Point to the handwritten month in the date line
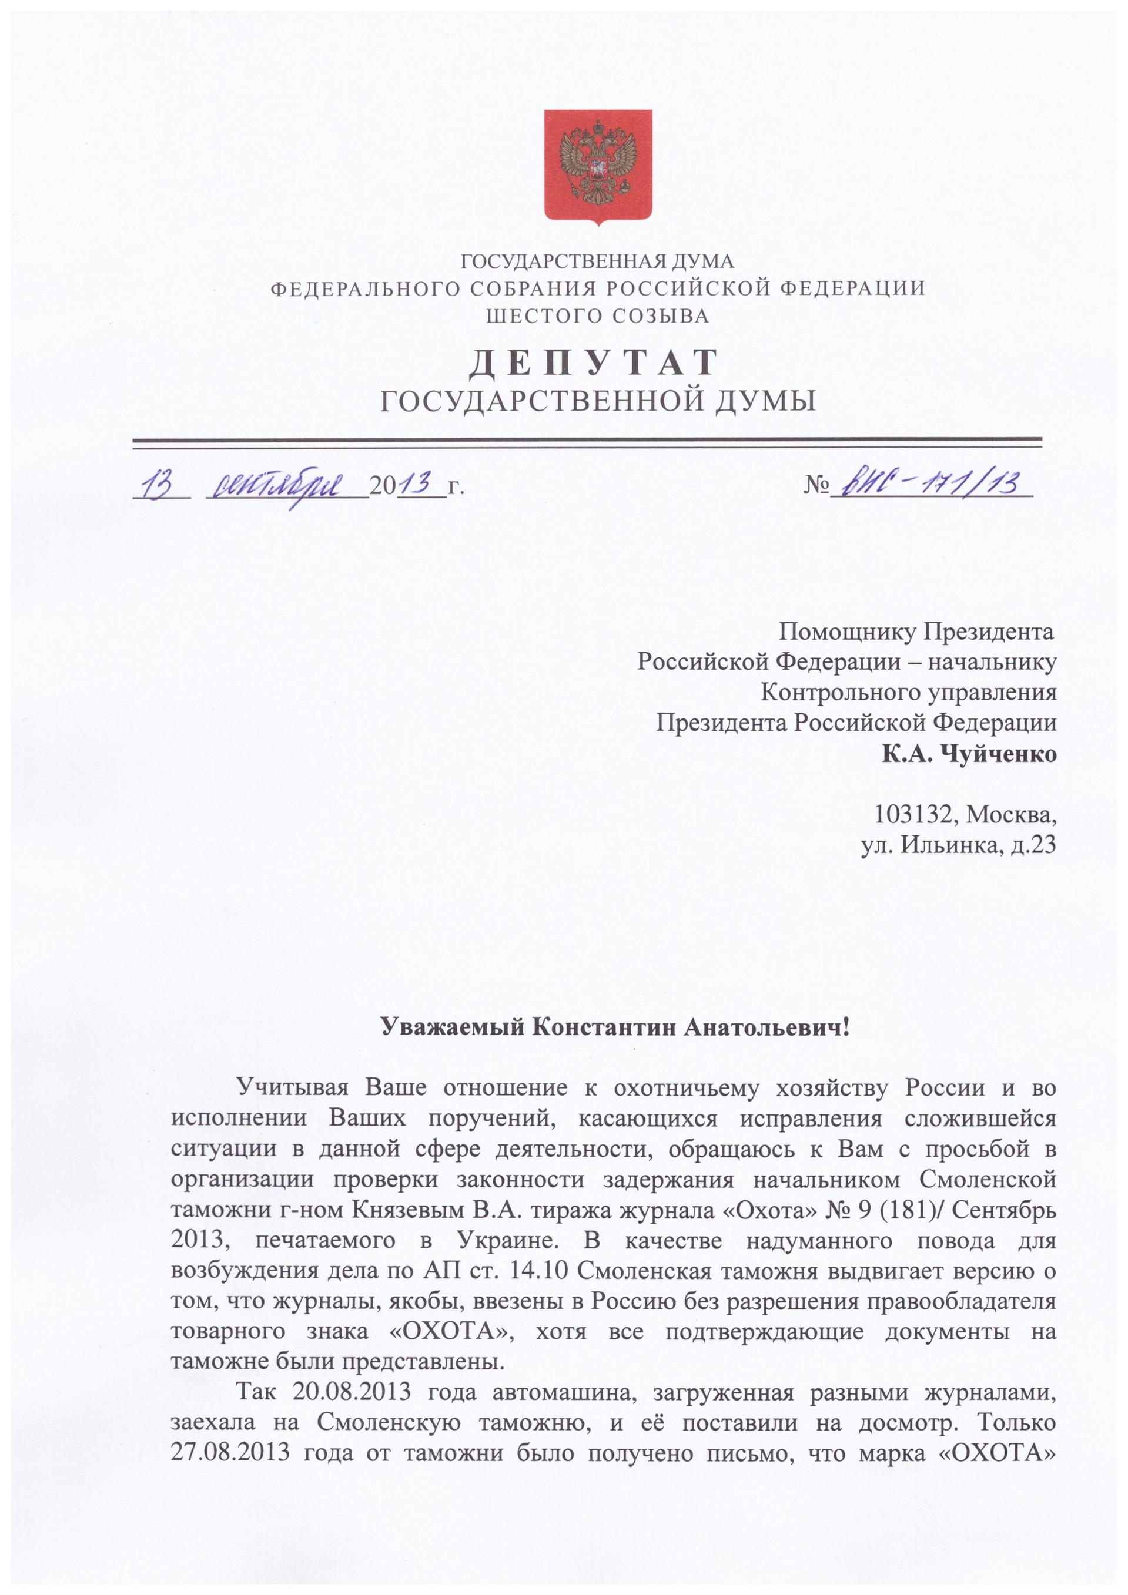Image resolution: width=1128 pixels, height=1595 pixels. pos(285,485)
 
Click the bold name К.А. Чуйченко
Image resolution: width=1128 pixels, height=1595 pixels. pos(969,754)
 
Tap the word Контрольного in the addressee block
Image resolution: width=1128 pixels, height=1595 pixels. pos(838,693)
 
